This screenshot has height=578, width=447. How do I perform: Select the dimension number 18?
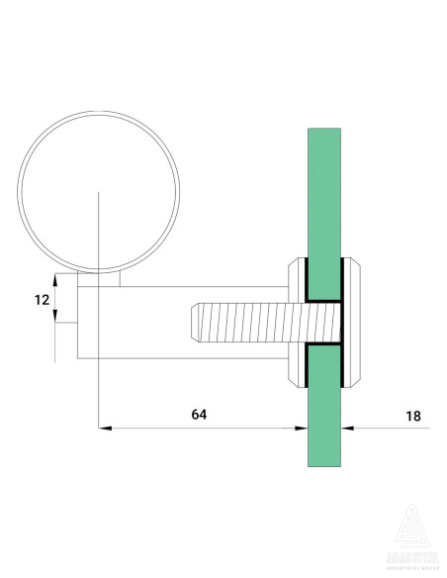pyautogui.click(x=412, y=416)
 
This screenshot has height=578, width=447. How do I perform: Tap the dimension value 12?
pyautogui.click(x=41, y=300)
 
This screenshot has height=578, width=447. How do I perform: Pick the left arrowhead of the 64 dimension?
pyautogui.click(x=105, y=428)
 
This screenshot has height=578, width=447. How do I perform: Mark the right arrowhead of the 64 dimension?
pyautogui.click(x=301, y=428)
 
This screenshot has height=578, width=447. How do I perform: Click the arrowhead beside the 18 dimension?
pyautogui.click(x=347, y=428)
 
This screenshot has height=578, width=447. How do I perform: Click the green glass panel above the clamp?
pyautogui.click(x=324, y=188)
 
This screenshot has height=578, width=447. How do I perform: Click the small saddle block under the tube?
pyautogui.click(x=100, y=279)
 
